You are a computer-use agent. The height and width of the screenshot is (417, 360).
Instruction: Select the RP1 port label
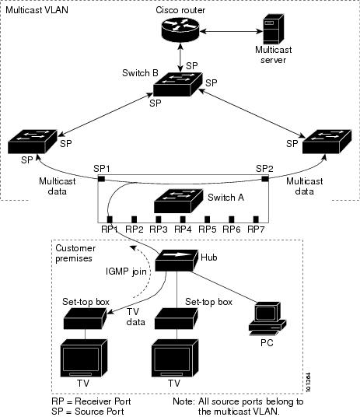point(109,230)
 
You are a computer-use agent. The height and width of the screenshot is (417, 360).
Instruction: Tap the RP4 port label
point(182,230)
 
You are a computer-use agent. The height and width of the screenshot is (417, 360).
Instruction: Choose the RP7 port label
point(256,230)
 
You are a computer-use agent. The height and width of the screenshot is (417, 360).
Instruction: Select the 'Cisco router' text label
point(180,8)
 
